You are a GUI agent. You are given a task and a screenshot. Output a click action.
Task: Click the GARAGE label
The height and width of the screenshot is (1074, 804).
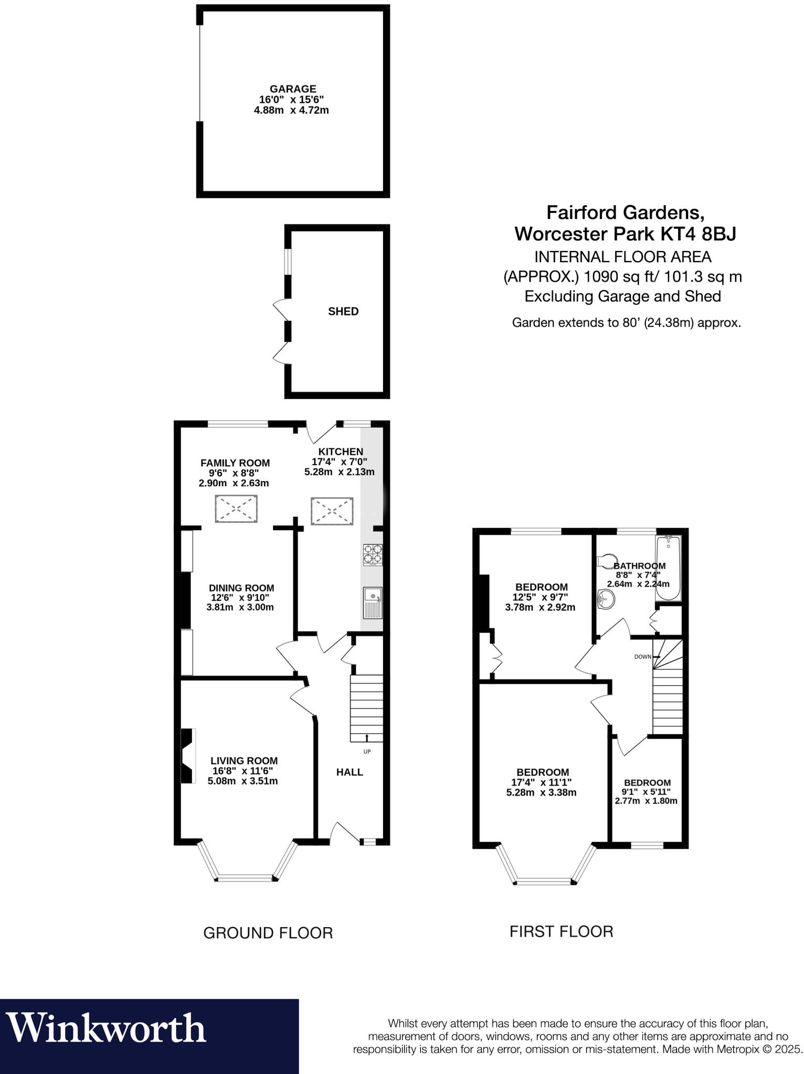(x=293, y=89)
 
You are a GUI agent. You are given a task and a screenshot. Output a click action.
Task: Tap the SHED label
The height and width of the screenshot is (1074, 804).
(x=343, y=312)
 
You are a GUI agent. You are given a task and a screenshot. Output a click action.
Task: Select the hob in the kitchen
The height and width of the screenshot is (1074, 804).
(x=373, y=554)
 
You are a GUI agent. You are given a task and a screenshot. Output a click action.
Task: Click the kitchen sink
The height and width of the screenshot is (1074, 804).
(x=373, y=603)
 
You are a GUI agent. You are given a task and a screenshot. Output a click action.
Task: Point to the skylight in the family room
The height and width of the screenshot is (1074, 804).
(x=236, y=508)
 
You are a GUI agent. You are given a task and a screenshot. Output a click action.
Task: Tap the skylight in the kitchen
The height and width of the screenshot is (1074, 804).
(x=332, y=511)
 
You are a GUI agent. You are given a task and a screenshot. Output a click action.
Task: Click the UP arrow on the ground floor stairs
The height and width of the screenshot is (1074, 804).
(x=367, y=738)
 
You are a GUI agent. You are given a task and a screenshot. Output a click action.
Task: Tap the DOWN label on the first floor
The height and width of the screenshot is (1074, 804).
(x=642, y=657)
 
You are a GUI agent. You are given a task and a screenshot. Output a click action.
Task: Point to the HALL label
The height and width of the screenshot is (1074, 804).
(x=350, y=772)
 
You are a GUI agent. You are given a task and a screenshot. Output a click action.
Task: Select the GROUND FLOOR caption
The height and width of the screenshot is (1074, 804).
(x=268, y=933)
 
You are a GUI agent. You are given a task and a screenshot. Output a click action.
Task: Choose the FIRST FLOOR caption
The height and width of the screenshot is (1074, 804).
(x=561, y=931)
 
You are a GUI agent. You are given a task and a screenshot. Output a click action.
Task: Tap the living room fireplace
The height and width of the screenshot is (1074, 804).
(x=187, y=756)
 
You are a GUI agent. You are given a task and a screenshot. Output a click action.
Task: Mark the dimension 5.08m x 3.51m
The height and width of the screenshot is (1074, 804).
(x=242, y=781)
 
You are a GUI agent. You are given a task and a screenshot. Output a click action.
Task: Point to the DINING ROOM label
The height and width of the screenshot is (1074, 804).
(x=241, y=588)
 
